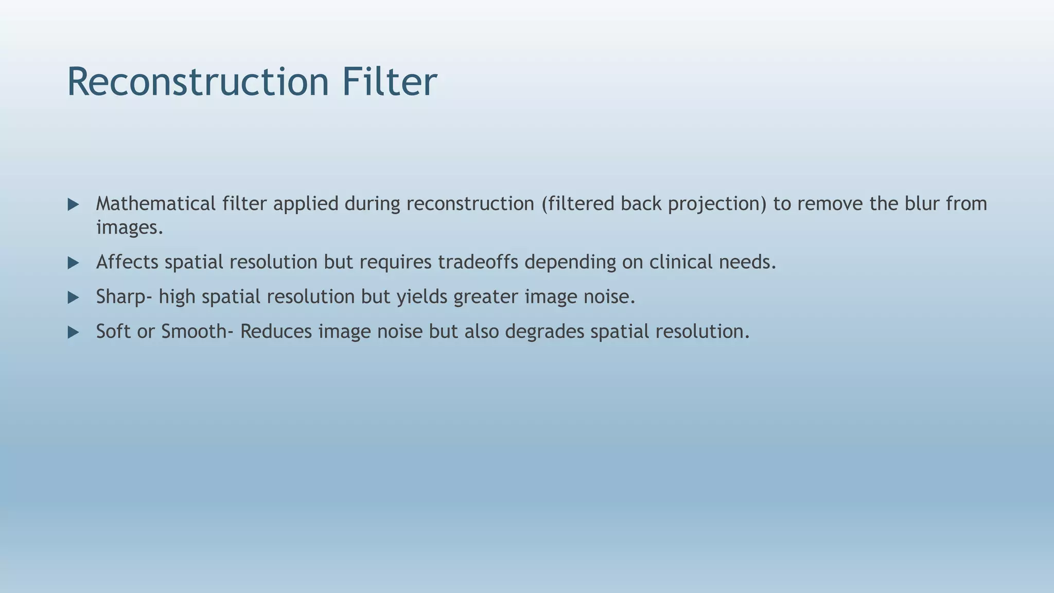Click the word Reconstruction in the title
point(198,82)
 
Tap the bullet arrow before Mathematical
point(73,205)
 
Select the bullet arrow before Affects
point(73,264)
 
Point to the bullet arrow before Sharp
point(73,298)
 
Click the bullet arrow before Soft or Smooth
point(73,333)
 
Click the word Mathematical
point(155,204)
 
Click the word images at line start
point(129,227)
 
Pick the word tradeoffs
point(478,262)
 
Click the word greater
point(485,297)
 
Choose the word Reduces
point(276,331)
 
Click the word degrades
point(544,331)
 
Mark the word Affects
point(127,262)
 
